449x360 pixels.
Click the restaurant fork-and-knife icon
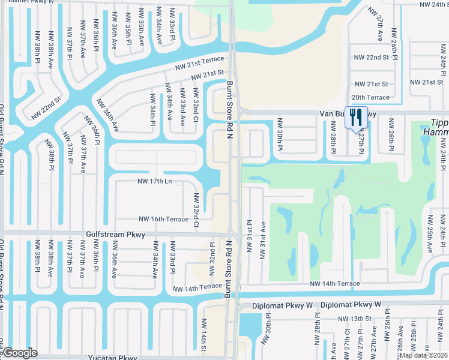(x=357, y=117)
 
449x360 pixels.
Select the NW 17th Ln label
(x=155, y=181)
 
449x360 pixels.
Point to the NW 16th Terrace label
(x=164, y=220)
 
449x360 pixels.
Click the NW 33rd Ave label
(x=183, y=110)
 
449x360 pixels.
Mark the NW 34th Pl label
(x=153, y=110)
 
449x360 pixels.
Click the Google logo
(x=20, y=353)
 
